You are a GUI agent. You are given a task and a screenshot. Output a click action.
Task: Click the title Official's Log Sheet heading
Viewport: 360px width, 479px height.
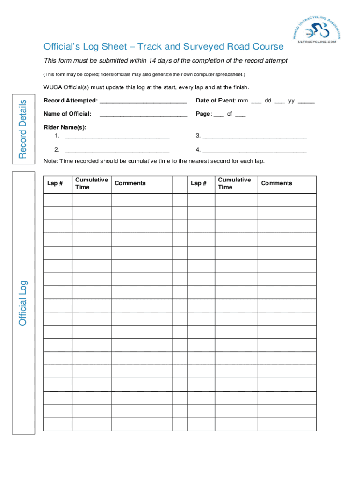[163, 46]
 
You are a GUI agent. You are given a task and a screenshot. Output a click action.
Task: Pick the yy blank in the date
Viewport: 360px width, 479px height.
[306, 102]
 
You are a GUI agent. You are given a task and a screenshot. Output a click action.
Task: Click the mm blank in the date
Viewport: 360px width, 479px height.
[256, 102]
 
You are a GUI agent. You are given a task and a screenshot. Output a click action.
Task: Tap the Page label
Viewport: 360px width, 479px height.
[203, 114]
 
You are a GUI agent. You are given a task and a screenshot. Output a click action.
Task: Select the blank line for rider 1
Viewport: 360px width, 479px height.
[117, 137]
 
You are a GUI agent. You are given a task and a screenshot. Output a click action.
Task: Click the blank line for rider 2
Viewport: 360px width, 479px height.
[117, 151]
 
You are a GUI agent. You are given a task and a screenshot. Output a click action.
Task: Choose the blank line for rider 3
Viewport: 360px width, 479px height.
[254, 137]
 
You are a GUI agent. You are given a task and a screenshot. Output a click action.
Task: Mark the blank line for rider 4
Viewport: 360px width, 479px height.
[254, 151]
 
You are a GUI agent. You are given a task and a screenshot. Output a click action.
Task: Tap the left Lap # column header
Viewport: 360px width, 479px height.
[55, 183]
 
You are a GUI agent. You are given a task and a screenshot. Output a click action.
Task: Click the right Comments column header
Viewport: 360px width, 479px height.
[276, 183]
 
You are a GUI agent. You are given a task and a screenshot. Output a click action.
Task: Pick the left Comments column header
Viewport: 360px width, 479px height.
[130, 183]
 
